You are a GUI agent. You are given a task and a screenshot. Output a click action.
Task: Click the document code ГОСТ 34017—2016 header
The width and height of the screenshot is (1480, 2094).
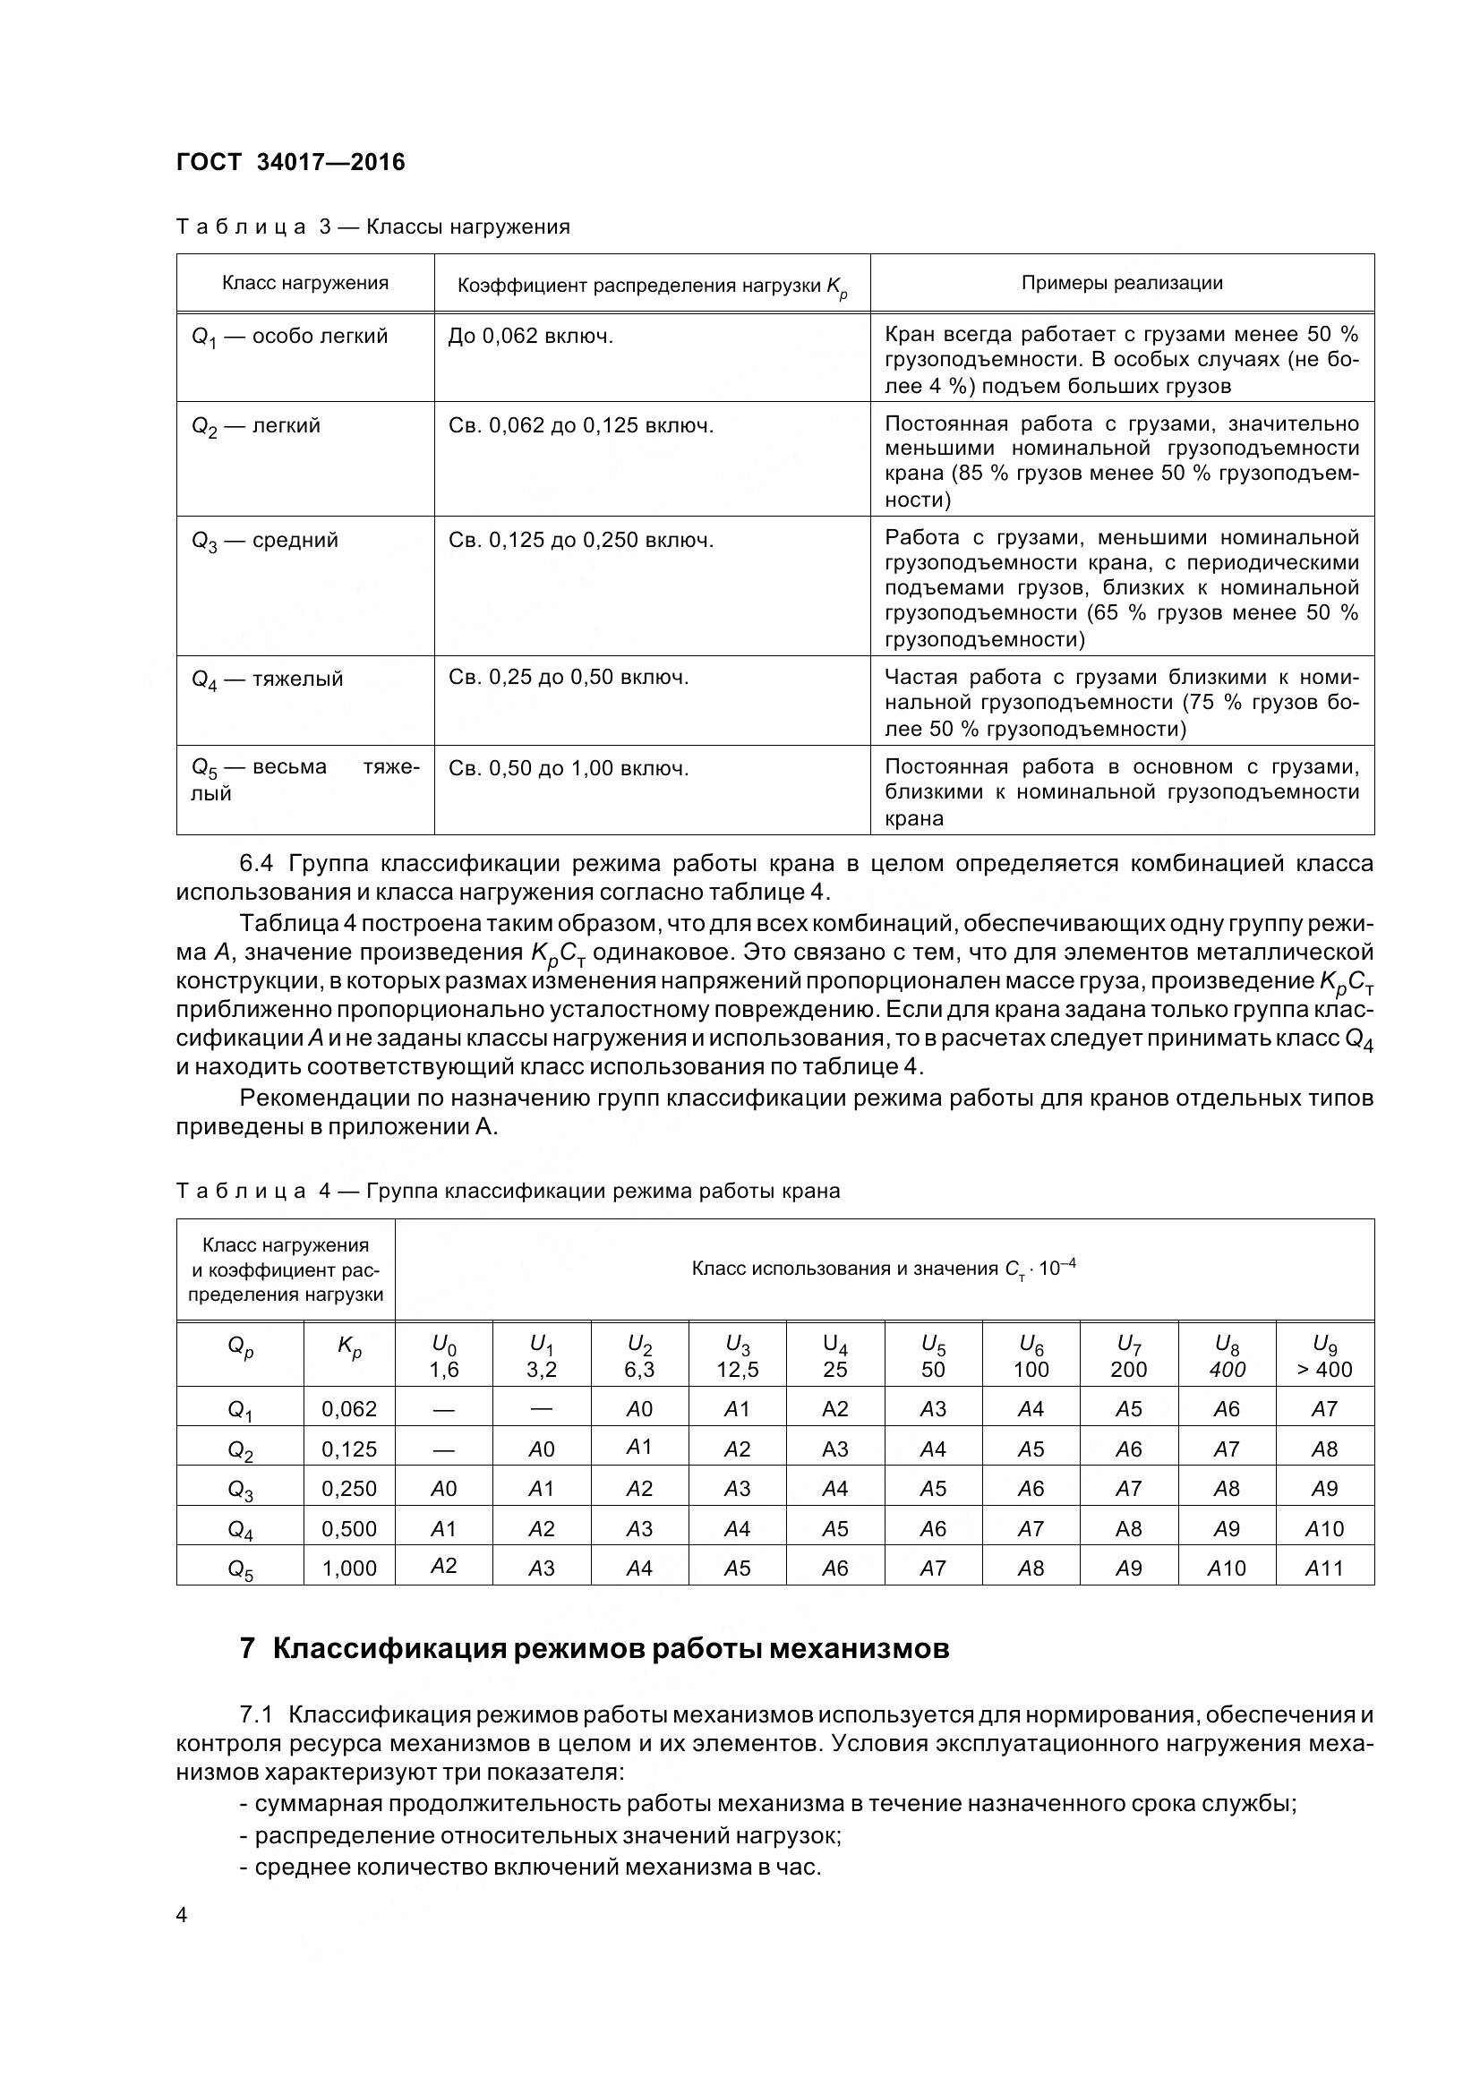pyautogui.click(x=290, y=162)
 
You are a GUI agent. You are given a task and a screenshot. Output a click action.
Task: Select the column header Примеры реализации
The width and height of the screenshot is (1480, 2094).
pyautogui.click(x=1122, y=283)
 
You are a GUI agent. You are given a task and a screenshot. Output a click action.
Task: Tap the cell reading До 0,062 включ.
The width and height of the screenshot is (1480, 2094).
pyautogui.click(x=531, y=337)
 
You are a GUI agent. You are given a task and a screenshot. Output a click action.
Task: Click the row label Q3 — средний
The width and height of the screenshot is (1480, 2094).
pyautogui.click(x=264, y=540)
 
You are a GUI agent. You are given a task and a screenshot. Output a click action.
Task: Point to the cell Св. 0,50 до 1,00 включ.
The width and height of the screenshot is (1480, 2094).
pyautogui.click(x=569, y=768)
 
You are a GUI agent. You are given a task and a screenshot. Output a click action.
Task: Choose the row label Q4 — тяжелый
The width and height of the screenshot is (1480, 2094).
pyautogui.click(x=267, y=679)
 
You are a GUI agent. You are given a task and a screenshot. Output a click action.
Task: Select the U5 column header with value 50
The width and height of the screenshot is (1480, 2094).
pyautogui.click(x=933, y=1357)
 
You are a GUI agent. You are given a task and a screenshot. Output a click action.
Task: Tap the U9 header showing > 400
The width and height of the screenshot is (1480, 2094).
pyautogui.click(x=1324, y=1357)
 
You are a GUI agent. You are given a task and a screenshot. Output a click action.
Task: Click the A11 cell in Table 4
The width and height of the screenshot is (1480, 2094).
pyautogui.click(x=1324, y=1568)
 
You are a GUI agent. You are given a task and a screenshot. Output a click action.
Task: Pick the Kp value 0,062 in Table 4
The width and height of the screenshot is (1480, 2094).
pyautogui.click(x=349, y=1409)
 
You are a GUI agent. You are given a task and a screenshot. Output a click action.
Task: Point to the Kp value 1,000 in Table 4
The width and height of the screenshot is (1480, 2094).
pyautogui.click(x=349, y=1568)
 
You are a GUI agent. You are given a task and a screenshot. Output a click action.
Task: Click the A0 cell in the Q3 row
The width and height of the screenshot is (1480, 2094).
pyautogui.click(x=443, y=1490)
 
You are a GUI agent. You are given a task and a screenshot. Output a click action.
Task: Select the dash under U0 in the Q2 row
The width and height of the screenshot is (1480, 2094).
pyautogui.click(x=443, y=1449)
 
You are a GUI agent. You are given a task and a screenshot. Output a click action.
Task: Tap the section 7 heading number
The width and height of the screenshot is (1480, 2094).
pyautogui.click(x=247, y=1650)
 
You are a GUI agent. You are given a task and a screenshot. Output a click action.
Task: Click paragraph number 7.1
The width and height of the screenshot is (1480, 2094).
pyautogui.click(x=257, y=1715)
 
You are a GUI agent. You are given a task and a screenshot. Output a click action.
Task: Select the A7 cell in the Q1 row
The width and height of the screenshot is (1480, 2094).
pyautogui.click(x=1324, y=1409)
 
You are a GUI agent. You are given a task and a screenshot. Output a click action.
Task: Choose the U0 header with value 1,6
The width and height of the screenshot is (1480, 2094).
pyautogui.click(x=443, y=1357)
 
